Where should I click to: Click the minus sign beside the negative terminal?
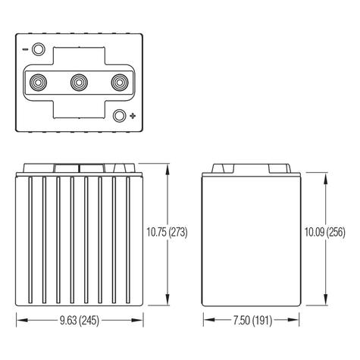(25, 50)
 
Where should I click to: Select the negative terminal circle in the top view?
(39, 50)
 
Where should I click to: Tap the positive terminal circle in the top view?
(118, 116)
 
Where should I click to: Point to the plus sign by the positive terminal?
(133, 116)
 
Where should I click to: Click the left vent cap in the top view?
(39, 83)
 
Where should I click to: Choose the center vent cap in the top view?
(79, 83)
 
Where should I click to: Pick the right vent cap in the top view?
(119, 83)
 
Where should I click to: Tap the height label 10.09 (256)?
(326, 233)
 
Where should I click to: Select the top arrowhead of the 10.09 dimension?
(325, 172)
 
